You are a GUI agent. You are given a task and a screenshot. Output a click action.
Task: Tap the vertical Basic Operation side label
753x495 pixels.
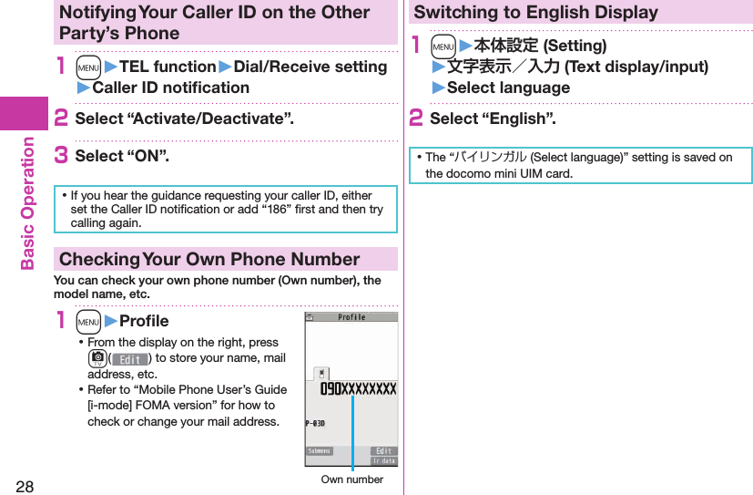point(26,202)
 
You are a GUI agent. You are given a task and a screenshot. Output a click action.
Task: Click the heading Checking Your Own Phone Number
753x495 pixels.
point(209,259)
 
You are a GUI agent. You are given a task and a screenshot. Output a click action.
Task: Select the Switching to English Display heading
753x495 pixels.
point(535,13)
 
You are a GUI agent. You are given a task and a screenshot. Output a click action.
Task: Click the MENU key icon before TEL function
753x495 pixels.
point(88,67)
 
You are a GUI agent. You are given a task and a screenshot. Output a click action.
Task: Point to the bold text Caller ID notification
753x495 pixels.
point(170,88)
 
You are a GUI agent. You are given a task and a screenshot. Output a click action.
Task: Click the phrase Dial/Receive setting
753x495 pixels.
point(310,67)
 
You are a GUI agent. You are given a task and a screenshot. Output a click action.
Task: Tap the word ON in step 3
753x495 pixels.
point(148,156)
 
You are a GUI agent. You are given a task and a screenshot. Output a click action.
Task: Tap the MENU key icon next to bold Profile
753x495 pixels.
point(88,321)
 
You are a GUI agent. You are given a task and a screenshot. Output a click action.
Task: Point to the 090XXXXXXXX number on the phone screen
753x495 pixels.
point(357,389)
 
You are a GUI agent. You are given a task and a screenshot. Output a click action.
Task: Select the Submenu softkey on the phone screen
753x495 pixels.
point(320,451)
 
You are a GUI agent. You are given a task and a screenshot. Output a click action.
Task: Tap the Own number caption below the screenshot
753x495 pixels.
point(351,480)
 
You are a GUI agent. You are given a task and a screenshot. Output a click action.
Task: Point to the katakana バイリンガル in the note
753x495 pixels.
point(491,158)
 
